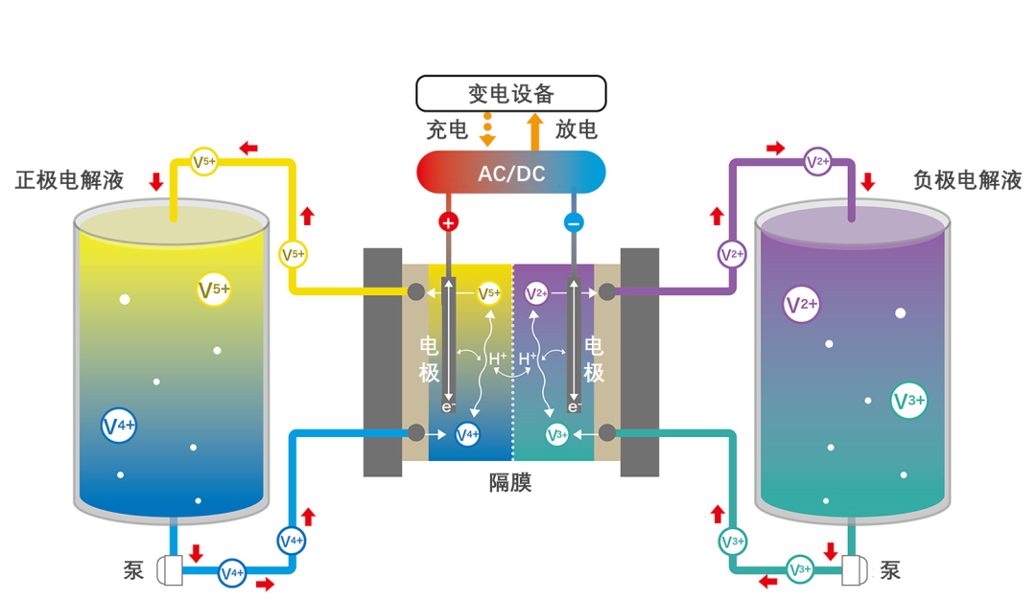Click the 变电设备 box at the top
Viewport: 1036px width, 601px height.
510,93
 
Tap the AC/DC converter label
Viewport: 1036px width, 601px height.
510,173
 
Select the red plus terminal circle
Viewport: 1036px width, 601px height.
448,222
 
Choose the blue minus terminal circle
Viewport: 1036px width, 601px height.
574,222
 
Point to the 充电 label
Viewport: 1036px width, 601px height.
447,129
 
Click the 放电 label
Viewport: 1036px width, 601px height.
576,129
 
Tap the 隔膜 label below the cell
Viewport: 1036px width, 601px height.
510,482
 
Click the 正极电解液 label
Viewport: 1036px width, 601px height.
69,180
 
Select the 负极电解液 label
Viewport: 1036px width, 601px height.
967,180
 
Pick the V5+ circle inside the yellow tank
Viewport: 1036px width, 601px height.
214,289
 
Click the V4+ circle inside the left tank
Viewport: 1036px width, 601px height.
119,426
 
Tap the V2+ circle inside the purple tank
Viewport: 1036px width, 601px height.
801,304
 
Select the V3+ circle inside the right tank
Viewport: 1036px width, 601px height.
908,401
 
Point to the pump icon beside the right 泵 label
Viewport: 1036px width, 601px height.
853,570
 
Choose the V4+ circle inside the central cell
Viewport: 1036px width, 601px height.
467,434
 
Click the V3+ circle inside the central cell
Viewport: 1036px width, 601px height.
557,434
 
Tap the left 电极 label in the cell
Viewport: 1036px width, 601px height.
429,359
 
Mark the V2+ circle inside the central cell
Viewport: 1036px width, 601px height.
536,292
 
